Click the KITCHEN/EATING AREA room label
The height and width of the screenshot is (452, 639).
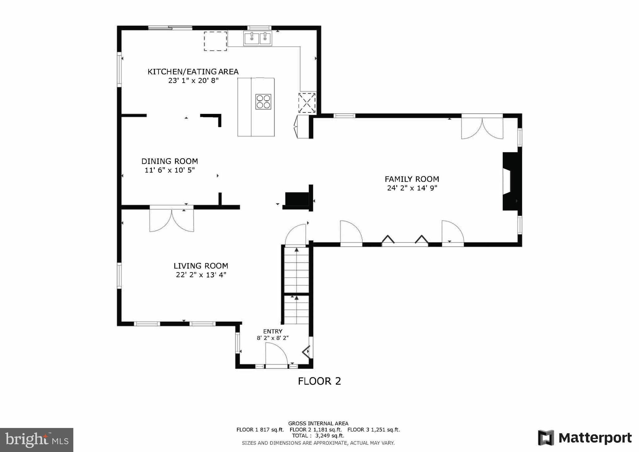pyautogui.click(x=193, y=72)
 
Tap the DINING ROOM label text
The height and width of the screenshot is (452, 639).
pyautogui.click(x=169, y=161)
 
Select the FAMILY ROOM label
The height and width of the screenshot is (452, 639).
pyautogui.click(x=412, y=179)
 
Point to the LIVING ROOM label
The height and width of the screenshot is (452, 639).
pyautogui.click(x=201, y=266)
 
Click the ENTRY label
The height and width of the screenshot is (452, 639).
pyautogui.click(x=273, y=331)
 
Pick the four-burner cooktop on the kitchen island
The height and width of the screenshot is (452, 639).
pyautogui.click(x=263, y=102)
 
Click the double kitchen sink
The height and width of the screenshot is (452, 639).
pyautogui.click(x=257, y=39)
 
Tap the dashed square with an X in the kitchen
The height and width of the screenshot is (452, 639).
pyautogui.click(x=307, y=103)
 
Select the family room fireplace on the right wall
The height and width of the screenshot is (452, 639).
pyautogui.click(x=511, y=181)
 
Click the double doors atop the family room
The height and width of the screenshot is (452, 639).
pyautogui.click(x=482, y=128)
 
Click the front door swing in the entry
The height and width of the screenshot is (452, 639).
pyautogui.click(x=276, y=354)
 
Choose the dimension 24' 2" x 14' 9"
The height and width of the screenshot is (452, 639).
pyautogui.click(x=412, y=188)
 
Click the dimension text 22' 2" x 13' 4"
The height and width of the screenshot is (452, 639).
pyautogui.click(x=201, y=275)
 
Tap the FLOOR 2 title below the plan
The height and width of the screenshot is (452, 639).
pyautogui.click(x=319, y=381)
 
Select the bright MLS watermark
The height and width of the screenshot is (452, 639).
pyautogui.click(x=37, y=440)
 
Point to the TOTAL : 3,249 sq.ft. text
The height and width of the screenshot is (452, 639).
pyautogui.click(x=318, y=435)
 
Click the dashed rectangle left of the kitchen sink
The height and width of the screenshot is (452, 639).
pyautogui.click(x=215, y=41)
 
